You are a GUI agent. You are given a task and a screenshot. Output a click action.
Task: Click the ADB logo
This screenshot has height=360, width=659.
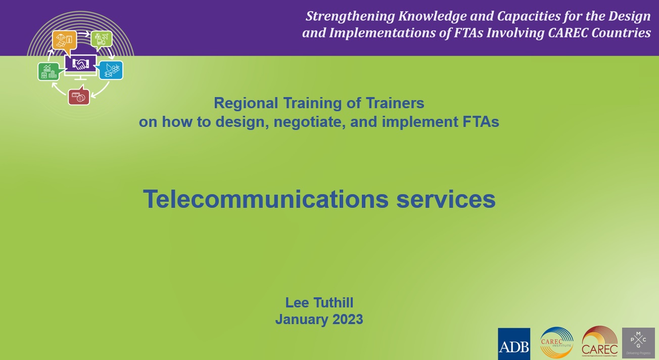click(x=514, y=344)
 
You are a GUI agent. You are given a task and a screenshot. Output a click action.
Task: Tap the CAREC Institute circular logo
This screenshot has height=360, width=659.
click(x=556, y=343)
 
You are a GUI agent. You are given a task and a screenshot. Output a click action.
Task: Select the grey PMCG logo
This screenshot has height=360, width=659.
click(x=638, y=343)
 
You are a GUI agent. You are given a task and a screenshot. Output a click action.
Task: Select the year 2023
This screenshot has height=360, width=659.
click(x=348, y=320)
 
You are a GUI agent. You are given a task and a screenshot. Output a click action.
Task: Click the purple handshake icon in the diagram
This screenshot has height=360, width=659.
click(x=80, y=64)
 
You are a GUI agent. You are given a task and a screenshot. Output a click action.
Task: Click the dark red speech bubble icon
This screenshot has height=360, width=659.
click(x=79, y=97)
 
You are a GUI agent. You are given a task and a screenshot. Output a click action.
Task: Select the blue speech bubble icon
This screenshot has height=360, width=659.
click(x=111, y=70)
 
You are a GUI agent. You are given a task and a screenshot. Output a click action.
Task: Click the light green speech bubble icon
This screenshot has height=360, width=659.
click(x=102, y=39)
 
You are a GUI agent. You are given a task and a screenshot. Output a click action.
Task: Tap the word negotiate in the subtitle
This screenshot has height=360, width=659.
click(x=308, y=122)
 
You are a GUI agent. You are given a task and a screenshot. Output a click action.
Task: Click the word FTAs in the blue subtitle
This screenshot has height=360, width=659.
click(x=480, y=122)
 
